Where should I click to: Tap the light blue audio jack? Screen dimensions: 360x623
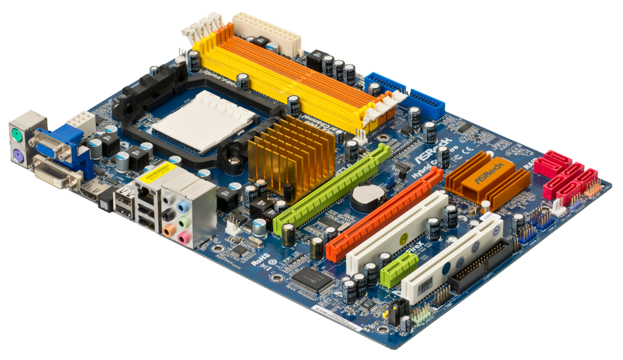pyautogui.click(x=181, y=207)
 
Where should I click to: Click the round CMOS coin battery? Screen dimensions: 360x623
pyautogui.click(x=366, y=196)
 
